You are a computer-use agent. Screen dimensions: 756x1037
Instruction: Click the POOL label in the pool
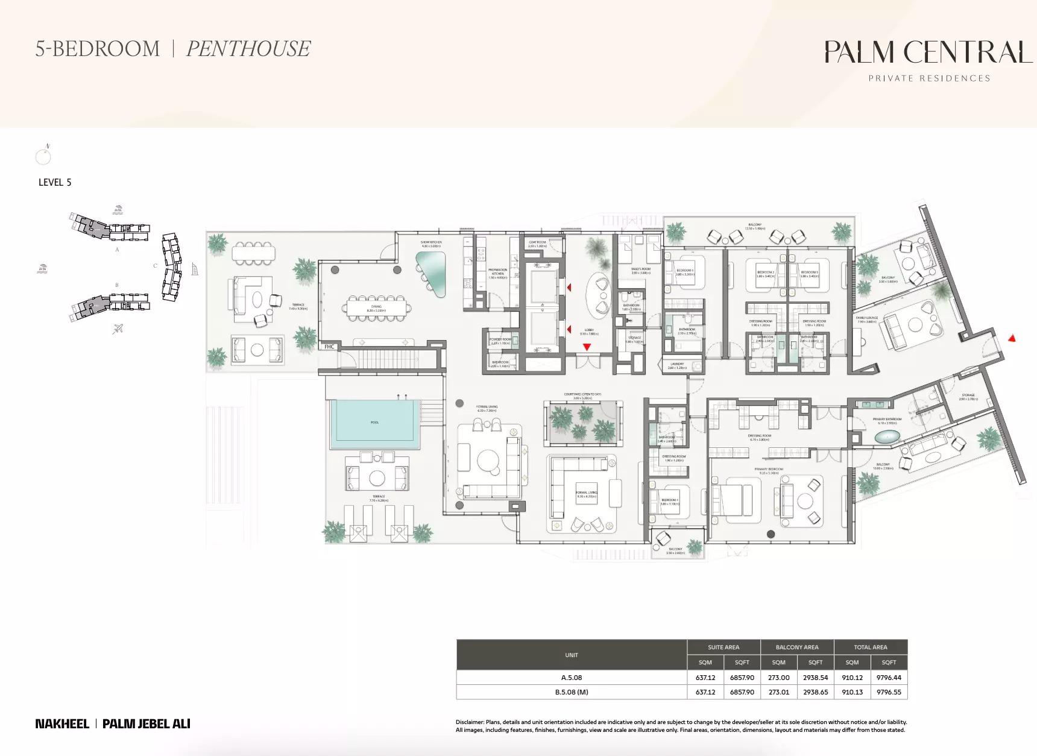(x=374, y=423)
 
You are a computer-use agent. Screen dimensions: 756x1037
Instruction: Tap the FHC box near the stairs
(x=329, y=347)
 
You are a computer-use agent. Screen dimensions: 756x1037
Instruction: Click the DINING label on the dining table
(x=377, y=307)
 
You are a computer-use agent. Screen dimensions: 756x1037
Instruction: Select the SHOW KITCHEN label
(x=431, y=242)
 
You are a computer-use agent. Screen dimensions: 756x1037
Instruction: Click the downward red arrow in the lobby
(x=587, y=347)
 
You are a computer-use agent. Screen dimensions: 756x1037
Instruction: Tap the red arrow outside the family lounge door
(x=1012, y=339)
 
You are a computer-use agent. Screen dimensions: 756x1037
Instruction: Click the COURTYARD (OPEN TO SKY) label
(x=582, y=395)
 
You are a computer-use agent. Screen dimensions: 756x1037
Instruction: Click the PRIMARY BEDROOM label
(x=768, y=469)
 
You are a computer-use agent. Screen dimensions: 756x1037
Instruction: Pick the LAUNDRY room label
(x=677, y=364)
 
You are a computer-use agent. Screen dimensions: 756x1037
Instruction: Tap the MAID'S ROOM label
(x=640, y=269)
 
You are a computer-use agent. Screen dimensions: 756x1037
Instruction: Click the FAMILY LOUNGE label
(x=866, y=318)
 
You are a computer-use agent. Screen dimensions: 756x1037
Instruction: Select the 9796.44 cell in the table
(x=889, y=678)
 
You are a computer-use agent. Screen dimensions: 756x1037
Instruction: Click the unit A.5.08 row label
(x=572, y=678)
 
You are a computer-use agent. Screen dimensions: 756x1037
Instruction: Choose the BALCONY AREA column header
(x=796, y=647)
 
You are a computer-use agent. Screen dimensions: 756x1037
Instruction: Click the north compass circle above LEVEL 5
(x=43, y=157)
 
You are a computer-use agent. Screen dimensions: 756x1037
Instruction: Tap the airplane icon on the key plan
(x=118, y=329)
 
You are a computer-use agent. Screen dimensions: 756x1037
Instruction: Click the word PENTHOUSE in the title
(x=248, y=49)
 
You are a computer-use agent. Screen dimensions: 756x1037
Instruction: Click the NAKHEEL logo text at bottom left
(x=62, y=723)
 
